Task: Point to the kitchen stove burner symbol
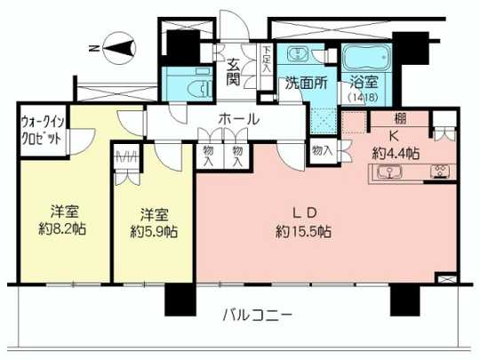[x=439, y=171]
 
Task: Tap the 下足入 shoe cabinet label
[x=266, y=67]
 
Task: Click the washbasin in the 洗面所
[x=296, y=54]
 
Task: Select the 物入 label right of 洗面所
[x=322, y=151]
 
